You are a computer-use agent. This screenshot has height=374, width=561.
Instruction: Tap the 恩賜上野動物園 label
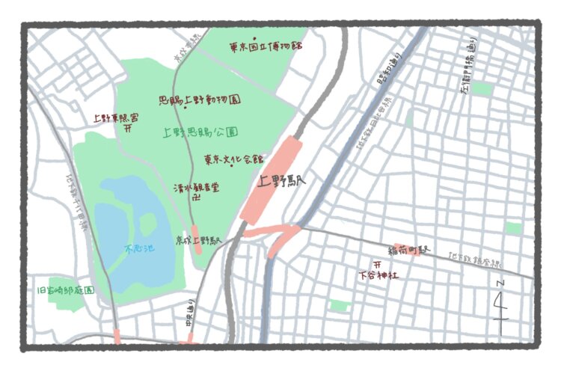(x=200, y=99)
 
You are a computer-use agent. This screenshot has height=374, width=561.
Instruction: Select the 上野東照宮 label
(x=115, y=117)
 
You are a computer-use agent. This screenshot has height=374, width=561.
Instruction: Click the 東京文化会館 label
(x=234, y=159)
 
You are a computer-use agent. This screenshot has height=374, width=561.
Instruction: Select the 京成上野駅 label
(x=198, y=241)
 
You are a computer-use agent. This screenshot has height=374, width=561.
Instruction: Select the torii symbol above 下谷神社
(x=378, y=264)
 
